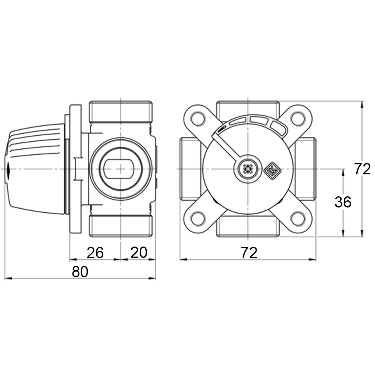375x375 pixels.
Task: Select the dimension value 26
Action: tap(95, 252)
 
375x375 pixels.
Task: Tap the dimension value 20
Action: tap(139, 252)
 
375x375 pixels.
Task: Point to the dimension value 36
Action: tap(343, 202)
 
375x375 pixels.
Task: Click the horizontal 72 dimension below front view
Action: tap(249, 252)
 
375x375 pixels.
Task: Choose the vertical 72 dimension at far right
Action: tap(362, 169)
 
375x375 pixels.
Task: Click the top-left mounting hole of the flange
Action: tap(198, 118)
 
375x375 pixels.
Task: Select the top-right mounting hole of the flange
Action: tap(298, 118)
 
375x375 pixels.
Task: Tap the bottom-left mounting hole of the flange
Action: tap(198, 218)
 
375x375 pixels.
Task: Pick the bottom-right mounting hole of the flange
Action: tap(298, 218)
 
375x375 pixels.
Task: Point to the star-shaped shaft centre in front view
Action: tap(248, 169)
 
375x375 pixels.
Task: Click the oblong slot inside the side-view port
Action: tap(121, 169)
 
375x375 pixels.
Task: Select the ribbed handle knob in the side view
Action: tap(35, 169)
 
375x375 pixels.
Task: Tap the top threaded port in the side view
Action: tap(121, 112)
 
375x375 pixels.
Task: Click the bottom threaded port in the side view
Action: tap(121, 226)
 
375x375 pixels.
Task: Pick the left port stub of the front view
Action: tap(191, 169)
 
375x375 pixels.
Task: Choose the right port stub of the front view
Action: tap(305, 169)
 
